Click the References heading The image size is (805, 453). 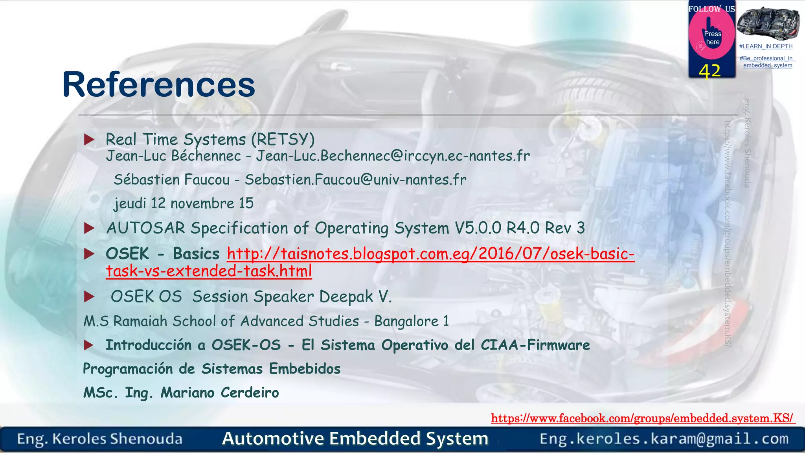click(158, 85)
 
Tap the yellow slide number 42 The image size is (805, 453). click(709, 71)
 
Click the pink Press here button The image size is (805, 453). click(712, 37)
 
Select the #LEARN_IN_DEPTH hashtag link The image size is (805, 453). click(765, 46)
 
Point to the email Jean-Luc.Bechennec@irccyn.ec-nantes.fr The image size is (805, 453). click(393, 156)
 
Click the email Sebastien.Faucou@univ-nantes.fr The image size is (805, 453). click(355, 180)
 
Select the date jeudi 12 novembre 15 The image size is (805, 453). click(184, 203)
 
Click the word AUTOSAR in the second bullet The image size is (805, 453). click(146, 228)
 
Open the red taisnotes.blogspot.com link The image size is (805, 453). click(430, 254)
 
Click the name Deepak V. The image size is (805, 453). click(355, 296)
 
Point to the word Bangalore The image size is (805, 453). click(406, 321)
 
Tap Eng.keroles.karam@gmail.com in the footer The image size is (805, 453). click(664, 439)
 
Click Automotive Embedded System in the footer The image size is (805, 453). click(355, 438)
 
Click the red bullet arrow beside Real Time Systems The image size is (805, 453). click(89, 139)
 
